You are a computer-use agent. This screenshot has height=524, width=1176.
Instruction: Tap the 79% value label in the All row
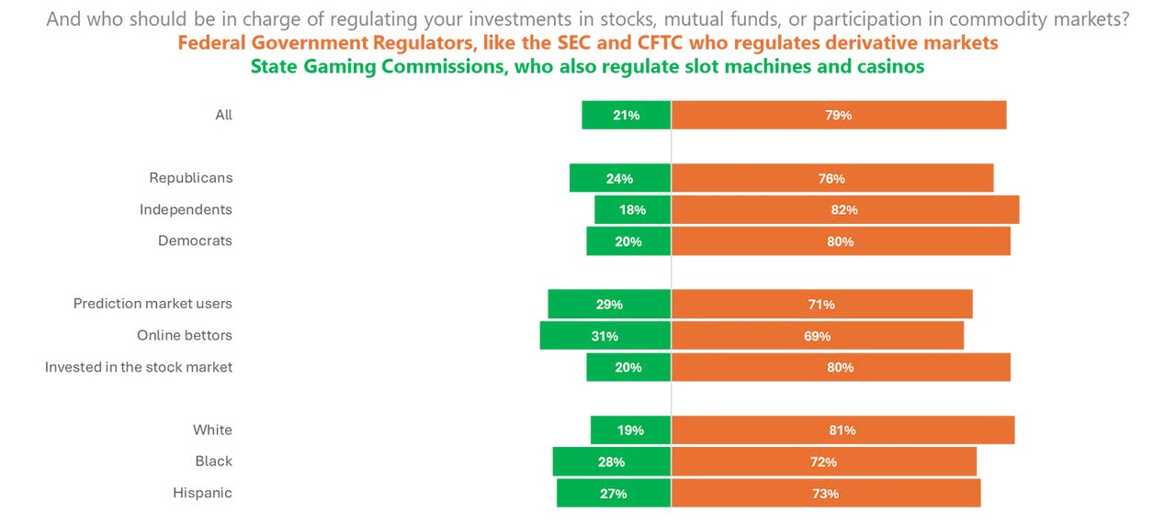tap(838, 116)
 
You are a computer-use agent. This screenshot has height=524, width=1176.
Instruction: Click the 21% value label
tap(627, 116)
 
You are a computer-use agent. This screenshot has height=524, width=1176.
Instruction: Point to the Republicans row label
tap(190, 178)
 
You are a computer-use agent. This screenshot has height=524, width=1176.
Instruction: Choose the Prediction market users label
tap(153, 304)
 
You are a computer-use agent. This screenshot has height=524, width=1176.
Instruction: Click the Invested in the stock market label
tap(139, 367)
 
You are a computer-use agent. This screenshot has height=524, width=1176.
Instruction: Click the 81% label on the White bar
tap(842, 430)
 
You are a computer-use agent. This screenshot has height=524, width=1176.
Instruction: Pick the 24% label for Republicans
tap(619, 179)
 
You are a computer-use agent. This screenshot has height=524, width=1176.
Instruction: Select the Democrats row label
tap(195, 241)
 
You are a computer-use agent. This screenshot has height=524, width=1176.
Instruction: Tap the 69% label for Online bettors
tap(817, 337)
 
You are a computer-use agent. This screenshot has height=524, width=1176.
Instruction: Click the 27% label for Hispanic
tap(613, 494)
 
